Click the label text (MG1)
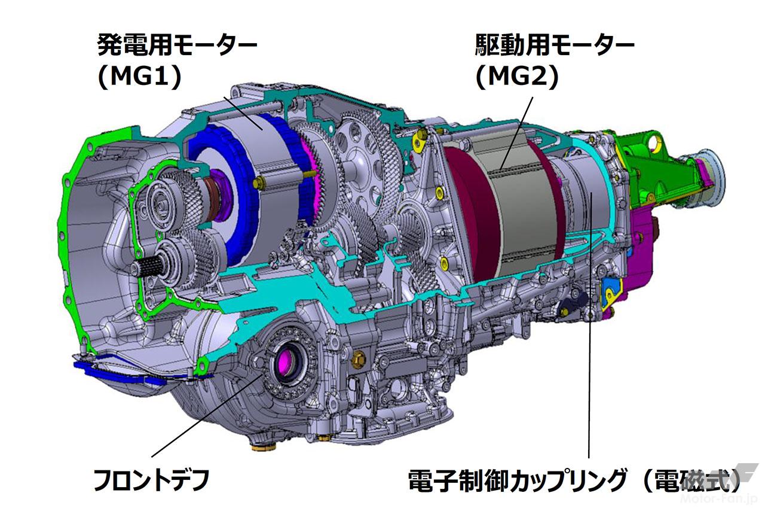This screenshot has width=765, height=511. [x=140, y=77]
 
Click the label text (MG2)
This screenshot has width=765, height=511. [x=517, y=77]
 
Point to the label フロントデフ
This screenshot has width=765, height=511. [x=151, y=480]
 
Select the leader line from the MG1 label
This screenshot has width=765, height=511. [x=243, y=113]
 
